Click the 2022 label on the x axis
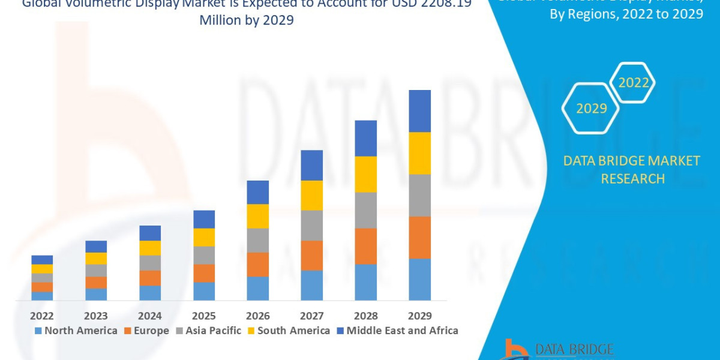(x=42, y=316)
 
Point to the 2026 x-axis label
(x=257, y=316)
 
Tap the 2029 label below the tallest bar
(x=419, y=316)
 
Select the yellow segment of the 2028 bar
(x=365, y=174)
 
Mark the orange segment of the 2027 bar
(x=311, y=255)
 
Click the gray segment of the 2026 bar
(x=257, y=240)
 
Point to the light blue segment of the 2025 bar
(x=204, y=291)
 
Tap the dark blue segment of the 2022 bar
(x=42, y=259)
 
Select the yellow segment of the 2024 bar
(x=150, y=248)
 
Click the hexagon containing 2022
(x=633, y=83)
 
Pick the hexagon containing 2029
(x=591, y=109)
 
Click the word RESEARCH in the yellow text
(x=632, y=179)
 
